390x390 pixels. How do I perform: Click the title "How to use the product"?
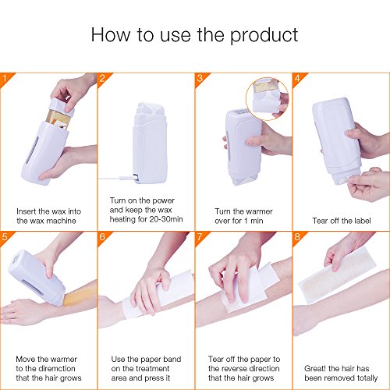click(x=194, y=35)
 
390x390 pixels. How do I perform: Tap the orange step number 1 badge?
click(x=5, y=77)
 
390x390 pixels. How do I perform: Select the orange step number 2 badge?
click(x=102, y=77)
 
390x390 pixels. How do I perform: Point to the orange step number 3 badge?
click(x=200, y=77)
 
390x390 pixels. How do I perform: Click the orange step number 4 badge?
click(x=297, y=77)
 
